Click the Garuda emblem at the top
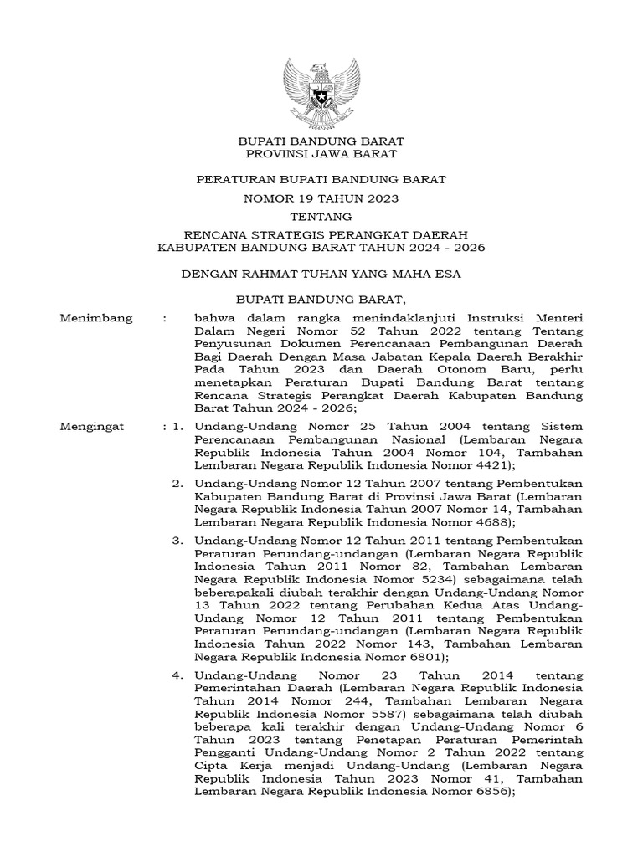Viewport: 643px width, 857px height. [321, 91]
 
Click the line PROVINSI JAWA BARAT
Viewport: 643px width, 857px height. [321, 154]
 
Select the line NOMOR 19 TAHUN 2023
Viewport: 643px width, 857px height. [321, 199]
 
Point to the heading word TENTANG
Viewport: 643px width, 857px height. [321, 216]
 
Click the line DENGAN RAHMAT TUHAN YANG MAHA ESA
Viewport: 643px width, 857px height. [321, 273]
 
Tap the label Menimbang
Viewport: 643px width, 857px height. [93, 319]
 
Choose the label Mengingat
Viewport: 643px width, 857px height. [92, 427]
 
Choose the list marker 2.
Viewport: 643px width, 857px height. [177, 484]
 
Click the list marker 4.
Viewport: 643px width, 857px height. [177, 675]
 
